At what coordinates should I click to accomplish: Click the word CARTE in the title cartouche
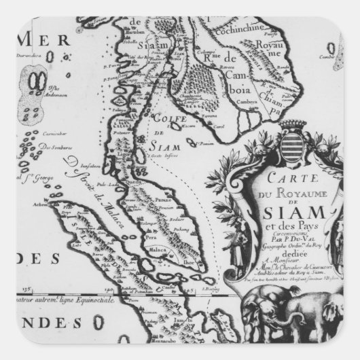pyautogui.click(x=272, y=181)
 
